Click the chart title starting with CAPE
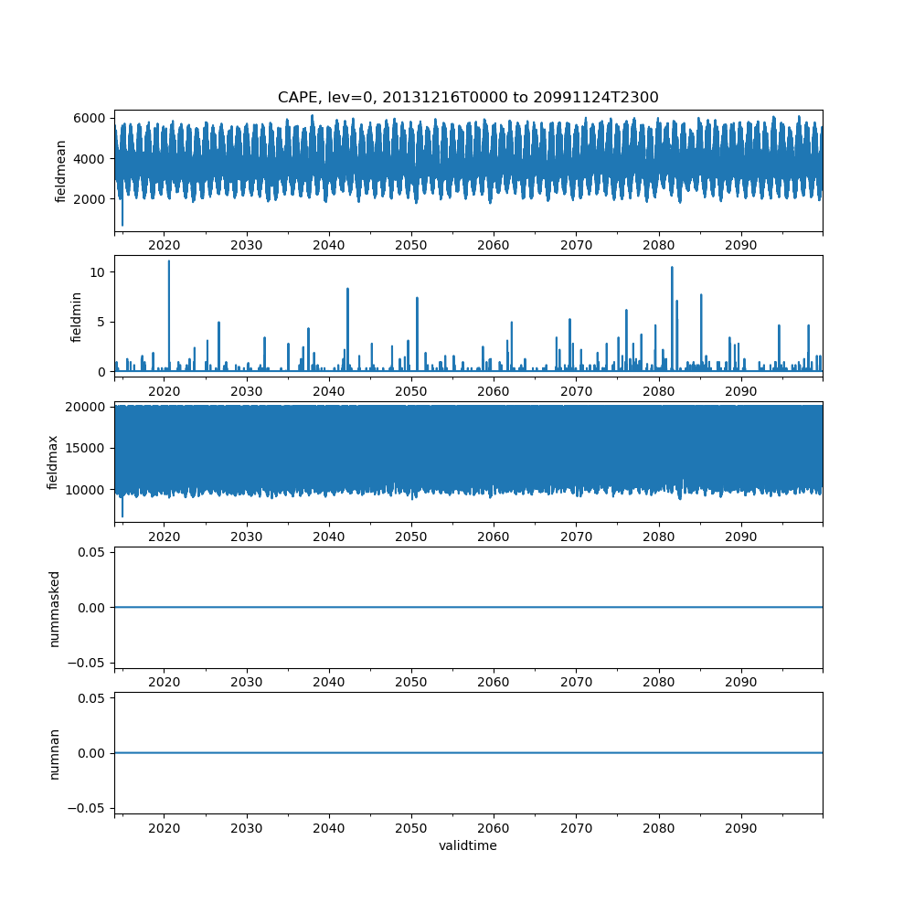(x=468, y=97)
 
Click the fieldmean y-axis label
(x=61, y=171)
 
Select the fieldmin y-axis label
(x=77, y=317)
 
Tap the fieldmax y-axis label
(x=54, y=462)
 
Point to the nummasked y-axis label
(x=54, y=608)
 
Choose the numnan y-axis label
(x=54, y=753)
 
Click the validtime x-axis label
(x=468, y=845)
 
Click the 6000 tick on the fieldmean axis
(x=91, y=118)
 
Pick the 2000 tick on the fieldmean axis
(x=91, y=198)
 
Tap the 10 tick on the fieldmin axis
(x=98, y=272)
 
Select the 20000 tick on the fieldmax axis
(x=88, y=407)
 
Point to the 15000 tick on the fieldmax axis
(x=88, y=448)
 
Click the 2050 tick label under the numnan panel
(x=411, y=828)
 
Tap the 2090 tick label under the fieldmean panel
(x=740, y=246)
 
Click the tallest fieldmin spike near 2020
(x=168, y=261)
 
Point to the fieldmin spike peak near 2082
(x=672, y=267)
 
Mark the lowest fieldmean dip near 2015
(x=122, y=225)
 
